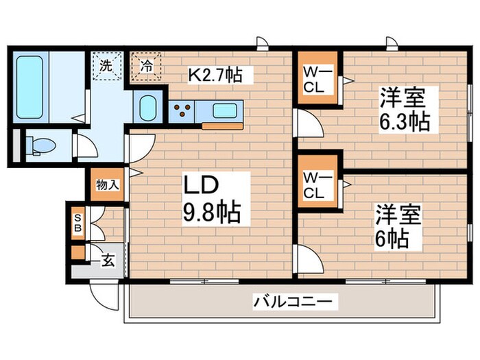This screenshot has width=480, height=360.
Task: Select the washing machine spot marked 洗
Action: [107, 67]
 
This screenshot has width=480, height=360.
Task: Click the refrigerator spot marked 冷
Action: [145, 67]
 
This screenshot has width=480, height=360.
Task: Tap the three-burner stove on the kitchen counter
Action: [183, 110]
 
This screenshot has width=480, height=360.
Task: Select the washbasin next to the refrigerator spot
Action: [147, 108]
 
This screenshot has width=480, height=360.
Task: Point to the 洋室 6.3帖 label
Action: [404, 110]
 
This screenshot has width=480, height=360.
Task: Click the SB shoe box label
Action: [77, 222]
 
